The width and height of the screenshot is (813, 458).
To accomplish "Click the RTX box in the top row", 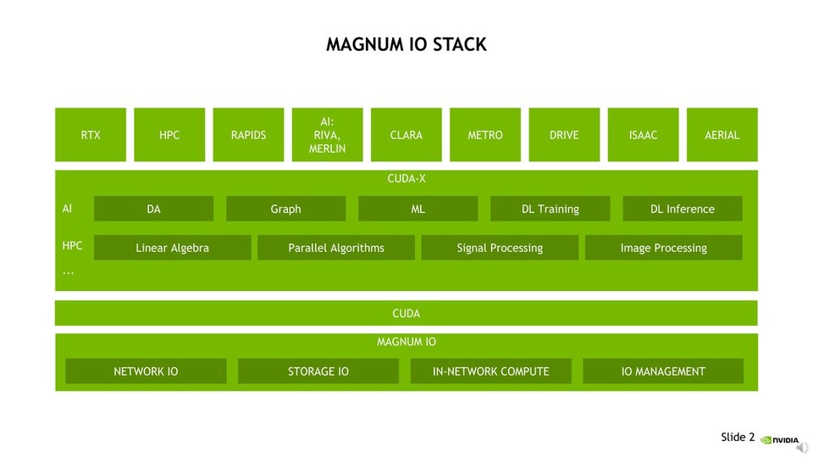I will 91,135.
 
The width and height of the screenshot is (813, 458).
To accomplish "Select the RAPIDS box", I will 248,135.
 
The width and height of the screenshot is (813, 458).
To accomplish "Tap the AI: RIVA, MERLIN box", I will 327,135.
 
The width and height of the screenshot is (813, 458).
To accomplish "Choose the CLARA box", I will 406,135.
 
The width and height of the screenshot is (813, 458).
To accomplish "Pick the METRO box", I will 485,135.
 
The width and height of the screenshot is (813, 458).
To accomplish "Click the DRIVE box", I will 564,135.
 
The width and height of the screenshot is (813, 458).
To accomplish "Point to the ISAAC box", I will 643,135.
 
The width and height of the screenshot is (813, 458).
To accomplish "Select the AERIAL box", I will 722,135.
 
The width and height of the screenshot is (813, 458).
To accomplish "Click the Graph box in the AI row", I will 285,209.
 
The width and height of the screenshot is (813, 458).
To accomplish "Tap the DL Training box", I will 550,209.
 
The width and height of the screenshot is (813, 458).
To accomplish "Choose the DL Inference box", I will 683,209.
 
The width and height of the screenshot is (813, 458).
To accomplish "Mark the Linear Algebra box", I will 172,248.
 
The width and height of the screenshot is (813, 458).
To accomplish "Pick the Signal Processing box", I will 500,248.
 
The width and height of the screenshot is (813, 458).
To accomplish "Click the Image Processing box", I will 663,248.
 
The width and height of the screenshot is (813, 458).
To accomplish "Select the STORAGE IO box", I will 318,371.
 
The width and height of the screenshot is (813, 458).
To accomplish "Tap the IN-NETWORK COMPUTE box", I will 490,371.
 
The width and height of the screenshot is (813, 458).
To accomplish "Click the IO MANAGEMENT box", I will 663,371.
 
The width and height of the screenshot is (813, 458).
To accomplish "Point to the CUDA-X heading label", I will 406,179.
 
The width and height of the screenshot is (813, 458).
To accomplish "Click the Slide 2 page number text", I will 738,437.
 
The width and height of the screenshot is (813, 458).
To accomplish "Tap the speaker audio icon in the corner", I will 801,447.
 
